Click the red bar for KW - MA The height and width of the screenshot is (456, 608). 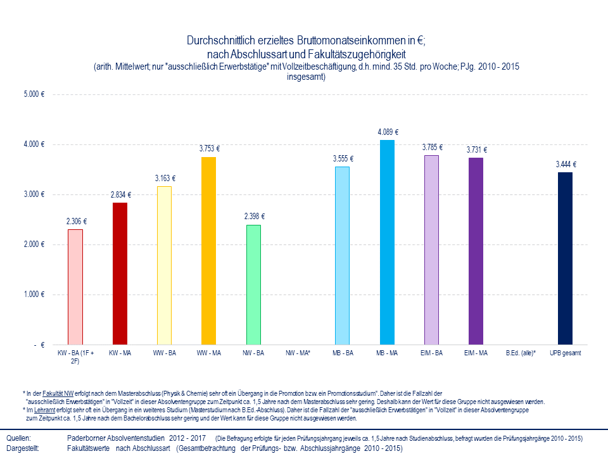[119, 274]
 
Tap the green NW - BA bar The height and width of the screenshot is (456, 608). [253, 284]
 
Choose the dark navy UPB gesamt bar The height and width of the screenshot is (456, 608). [565, 258]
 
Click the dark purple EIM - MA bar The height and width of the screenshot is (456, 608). [476, 251]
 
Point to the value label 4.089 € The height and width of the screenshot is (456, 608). [388, 132]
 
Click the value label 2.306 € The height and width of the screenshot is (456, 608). [76, 222]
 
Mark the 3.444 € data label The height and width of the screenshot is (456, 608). [566, 165]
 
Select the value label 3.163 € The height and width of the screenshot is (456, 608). [165, 179]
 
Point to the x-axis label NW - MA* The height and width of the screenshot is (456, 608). [298, 352]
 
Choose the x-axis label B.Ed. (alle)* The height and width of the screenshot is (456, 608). [521, 352]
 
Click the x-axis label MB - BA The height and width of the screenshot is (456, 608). [342, 352]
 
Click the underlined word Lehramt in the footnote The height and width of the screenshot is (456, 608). [44, 410]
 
